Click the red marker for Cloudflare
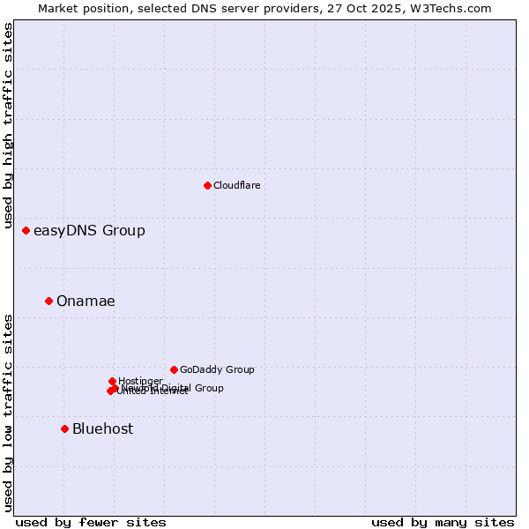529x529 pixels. [x=207, y=185]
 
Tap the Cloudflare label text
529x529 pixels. [x=236, y=185]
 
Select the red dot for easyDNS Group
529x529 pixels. [x=26, y=230]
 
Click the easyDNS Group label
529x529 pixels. [x=89, y=231]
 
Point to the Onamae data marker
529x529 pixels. [x=48, y=301]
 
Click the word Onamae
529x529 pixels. [x=86, y=302]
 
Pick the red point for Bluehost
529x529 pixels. [x=64, y=428]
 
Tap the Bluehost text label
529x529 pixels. [x=102, y=429]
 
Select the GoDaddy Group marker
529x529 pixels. [x=174, y=369]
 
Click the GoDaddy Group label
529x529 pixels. [x=217, y=370]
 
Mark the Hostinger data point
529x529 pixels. [x=112, y=381]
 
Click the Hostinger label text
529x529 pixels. [x=140, y=381]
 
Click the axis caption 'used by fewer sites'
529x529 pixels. [x=91, y=522]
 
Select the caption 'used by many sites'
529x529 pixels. [x=443, y=522]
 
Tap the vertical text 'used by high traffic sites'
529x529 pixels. [x=9, y=126]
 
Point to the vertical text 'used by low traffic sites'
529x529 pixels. [x=9, y=413]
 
